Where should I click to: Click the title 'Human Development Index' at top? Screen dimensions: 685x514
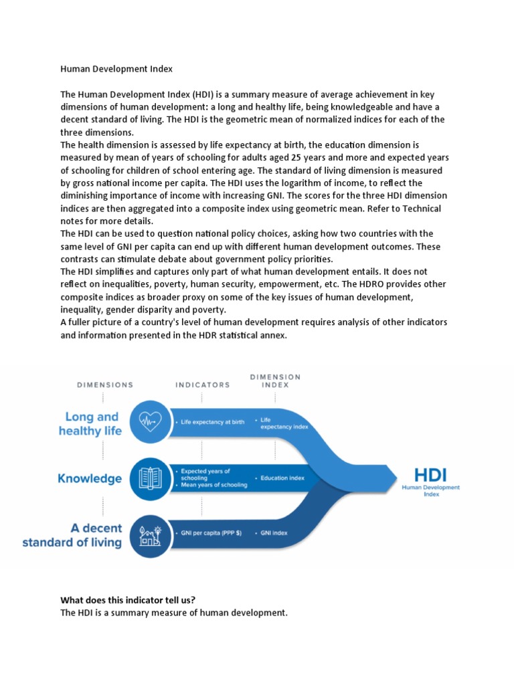coord(116,68)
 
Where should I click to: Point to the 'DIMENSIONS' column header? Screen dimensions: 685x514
coord(105,385)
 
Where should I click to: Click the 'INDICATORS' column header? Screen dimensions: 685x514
coord(202,385)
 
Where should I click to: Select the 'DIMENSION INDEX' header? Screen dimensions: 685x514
coord(275,381)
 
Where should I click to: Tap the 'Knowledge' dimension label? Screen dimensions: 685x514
coord(89,479)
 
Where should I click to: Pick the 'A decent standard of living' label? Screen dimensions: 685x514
coord(72,535)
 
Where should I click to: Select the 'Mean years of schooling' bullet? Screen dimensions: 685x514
coord(213,485)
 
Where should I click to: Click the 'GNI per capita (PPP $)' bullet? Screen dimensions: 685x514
coord(211,533)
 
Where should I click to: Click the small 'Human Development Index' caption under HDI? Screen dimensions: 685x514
coord(430,492)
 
